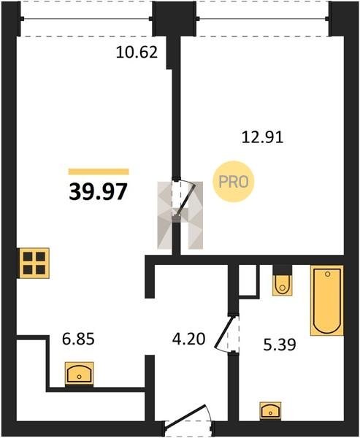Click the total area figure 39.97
pos(98,191)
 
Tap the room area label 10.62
pos(137,53)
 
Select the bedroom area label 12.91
pos(262,137)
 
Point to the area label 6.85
pos(78,339)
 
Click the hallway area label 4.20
pos(189,339)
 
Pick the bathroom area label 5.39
pos(280,345)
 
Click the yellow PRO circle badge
pos(234,182)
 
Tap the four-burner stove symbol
pos(34,263)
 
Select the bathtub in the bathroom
pos(326,300)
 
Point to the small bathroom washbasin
pos(270,410)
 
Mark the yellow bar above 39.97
pos(99,172)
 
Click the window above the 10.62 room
pos(87,19)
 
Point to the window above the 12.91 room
pos(263,19)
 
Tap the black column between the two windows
pos(175,18)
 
